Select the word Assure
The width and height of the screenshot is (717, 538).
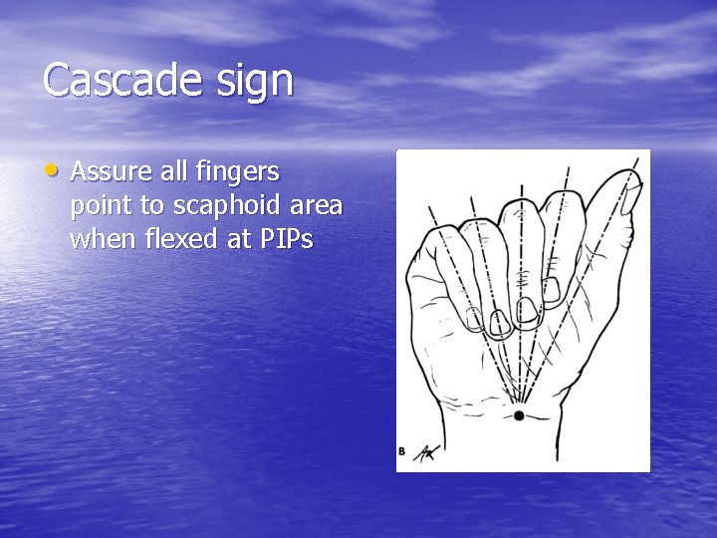[x=114, y=172]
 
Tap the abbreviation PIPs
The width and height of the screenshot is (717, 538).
[x=284, y=239]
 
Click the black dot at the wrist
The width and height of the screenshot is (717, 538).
[x=519, y=414]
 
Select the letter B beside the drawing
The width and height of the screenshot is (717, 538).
[x=401, y=451]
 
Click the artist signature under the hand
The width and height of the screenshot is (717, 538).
[x=425, y=451]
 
